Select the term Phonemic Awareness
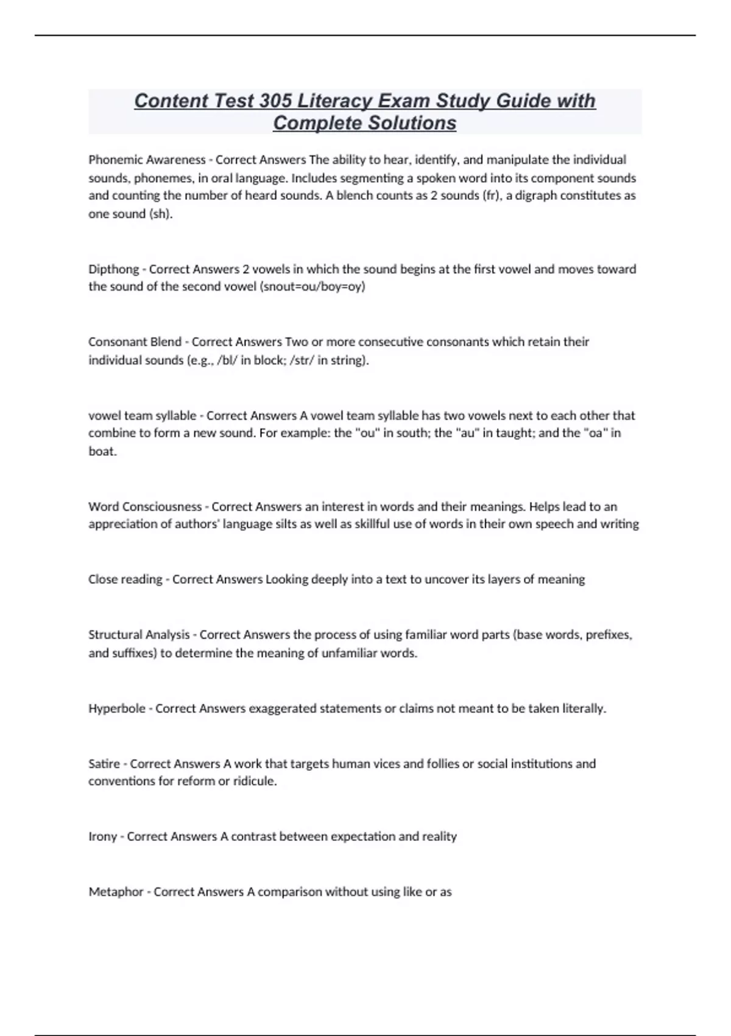147,160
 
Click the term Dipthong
113,269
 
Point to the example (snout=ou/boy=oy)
312,286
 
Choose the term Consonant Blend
135,342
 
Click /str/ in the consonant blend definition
302,360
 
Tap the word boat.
102,451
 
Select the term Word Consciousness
145,506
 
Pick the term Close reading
125,580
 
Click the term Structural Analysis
139,634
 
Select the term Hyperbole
117,709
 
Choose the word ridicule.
254,781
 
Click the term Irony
102,837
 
